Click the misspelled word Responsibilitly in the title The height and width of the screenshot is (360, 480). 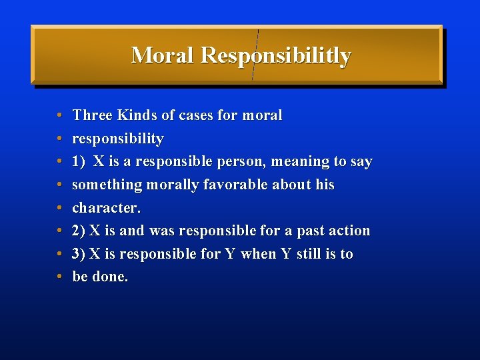275,56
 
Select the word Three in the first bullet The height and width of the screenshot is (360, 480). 93,115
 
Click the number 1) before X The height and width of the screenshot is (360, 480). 79,161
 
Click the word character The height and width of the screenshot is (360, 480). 105,208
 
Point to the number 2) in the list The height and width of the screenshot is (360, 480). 79,231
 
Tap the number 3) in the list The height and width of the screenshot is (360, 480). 79,254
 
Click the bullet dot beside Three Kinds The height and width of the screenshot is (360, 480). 59,116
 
